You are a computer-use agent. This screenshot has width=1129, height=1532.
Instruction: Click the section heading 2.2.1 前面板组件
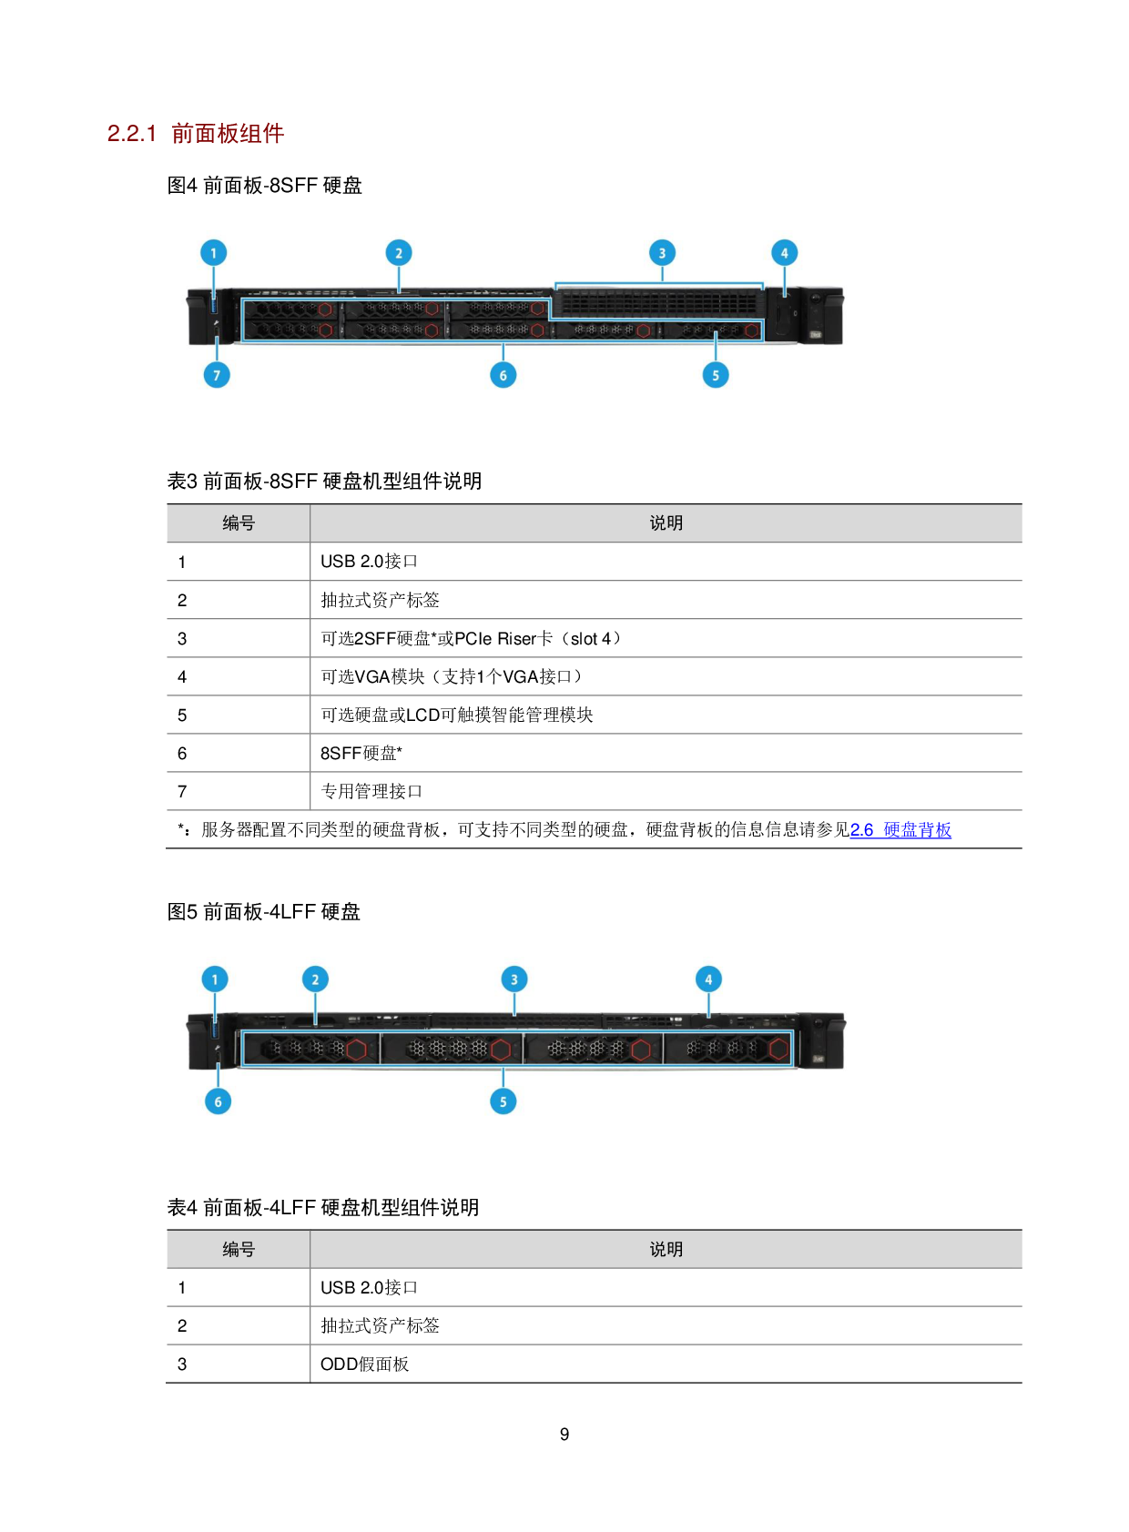tap(196, 134)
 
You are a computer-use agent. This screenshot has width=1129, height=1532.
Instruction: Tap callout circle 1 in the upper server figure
tap(214, 253)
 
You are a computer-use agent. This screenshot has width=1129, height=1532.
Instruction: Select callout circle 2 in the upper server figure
tap(399, 253)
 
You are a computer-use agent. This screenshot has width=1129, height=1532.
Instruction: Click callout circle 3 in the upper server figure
tap(662, 253)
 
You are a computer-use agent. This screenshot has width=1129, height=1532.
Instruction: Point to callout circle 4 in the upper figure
tap(785, 253)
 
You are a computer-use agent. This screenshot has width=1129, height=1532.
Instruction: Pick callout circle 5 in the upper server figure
tap(716, 375)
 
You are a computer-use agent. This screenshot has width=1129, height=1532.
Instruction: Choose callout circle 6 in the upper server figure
tap(503, 375)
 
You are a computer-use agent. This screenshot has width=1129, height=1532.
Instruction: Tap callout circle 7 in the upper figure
tap(217, 375)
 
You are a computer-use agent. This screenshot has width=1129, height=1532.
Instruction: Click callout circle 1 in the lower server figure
tap(215, 979)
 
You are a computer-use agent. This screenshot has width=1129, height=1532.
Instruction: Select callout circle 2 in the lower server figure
tap(315, 979)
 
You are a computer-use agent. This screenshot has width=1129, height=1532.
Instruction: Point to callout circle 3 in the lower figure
tap(514, 979)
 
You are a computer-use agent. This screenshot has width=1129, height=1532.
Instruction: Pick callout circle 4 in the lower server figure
tap(708, 979)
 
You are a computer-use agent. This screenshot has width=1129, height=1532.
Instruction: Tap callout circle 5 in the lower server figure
tap(503, 1101)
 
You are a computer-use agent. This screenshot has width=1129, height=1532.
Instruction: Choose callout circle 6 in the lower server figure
tap(218, 1101)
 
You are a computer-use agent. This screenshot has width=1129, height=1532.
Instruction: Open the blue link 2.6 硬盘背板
tap(900, 830)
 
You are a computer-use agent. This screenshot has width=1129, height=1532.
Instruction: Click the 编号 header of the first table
tap(239, 523)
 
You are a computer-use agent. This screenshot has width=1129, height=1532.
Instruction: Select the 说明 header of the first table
tap(666, 523)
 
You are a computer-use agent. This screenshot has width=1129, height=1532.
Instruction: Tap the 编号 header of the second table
tap(239, 1250)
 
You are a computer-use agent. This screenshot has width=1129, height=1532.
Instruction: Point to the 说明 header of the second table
tap(666, 1250)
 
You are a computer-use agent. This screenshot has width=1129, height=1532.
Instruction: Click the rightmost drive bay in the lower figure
tap(728, 1049)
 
